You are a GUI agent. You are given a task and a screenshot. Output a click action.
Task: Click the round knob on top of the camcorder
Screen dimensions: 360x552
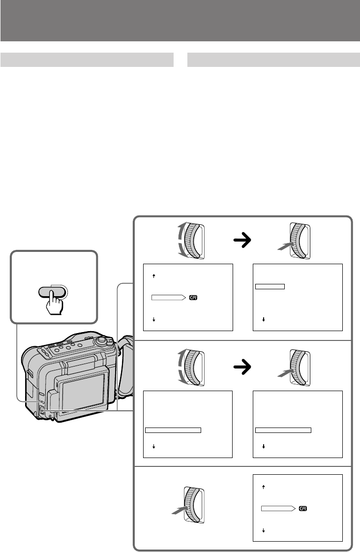(x=101, y=340)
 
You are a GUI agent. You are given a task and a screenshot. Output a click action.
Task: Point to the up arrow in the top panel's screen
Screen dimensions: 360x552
(x=153, y=276)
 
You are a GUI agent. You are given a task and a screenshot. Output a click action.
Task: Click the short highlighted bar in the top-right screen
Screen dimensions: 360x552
(x=270, y=286)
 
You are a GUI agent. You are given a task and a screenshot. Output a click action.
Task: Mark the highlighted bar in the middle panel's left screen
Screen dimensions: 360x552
(x=174, y=430)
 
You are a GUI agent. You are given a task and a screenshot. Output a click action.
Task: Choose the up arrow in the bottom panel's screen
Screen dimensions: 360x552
(x=264, y=487)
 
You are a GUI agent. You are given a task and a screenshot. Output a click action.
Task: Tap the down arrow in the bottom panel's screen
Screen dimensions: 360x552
(x=264, y=531)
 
